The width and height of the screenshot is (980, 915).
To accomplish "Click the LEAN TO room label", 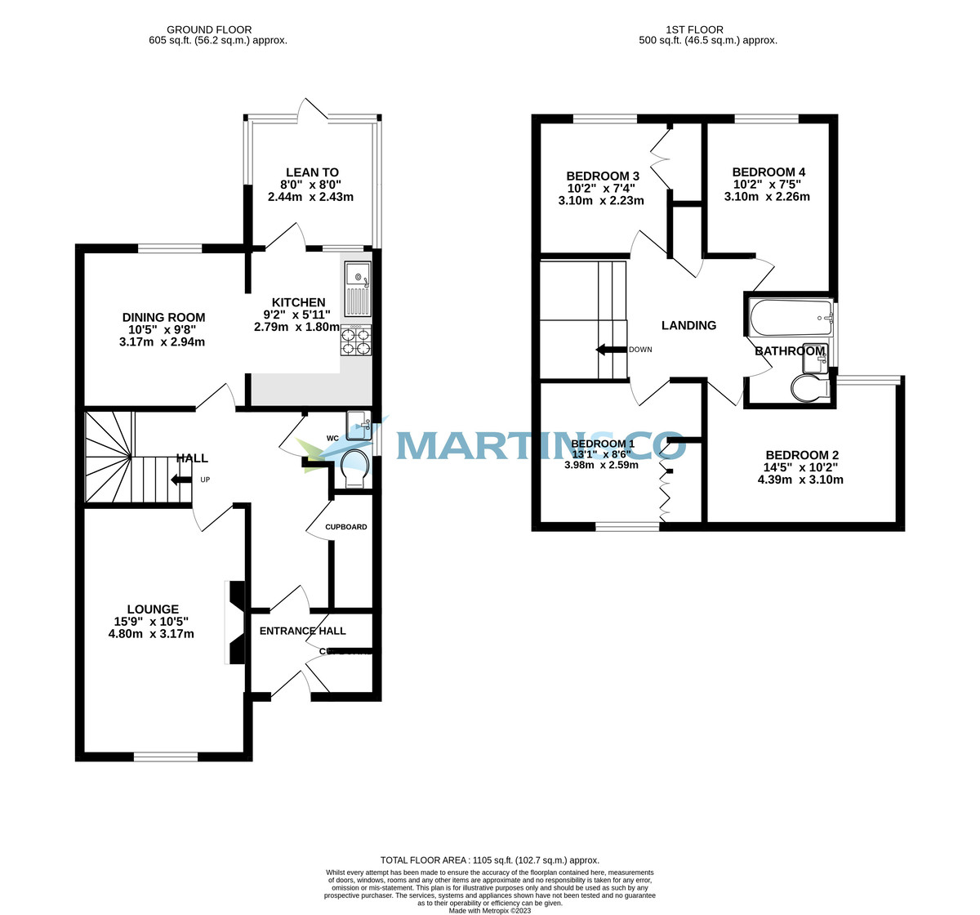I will coord(312,172).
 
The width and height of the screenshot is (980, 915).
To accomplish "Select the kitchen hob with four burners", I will coord(357,341).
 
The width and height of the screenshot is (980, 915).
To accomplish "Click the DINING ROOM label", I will coord(163,317).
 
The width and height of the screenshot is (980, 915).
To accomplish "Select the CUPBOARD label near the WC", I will coord(346,527).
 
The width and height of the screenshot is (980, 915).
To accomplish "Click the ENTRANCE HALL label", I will coord(302,631).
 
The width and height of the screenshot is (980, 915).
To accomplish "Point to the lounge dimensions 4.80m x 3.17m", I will coord(152,634).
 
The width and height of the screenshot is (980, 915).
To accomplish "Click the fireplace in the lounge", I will coord(234,623).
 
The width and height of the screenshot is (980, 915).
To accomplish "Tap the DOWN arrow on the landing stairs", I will coord(609,350).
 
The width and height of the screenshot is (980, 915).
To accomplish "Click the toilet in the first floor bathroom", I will coord(809,390).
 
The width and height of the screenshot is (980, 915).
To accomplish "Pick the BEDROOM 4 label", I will coord(768,172).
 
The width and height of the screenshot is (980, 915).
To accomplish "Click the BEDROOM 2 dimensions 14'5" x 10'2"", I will coord(801,467).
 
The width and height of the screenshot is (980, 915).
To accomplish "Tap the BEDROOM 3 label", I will coord(603,176).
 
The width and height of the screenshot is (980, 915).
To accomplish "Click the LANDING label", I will coord(688,325).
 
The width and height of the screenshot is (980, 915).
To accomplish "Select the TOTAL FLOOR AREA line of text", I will coord(490,860).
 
